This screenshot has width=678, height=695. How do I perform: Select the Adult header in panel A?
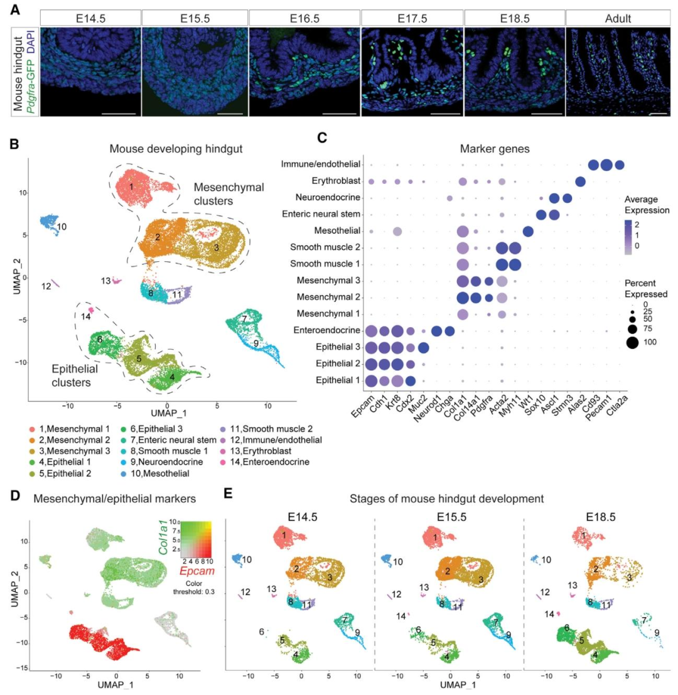click(x=620, y=18)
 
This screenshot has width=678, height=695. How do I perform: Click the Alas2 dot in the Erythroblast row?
click(x=580, y=182)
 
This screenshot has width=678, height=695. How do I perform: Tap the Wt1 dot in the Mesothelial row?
click(x=528, y=232)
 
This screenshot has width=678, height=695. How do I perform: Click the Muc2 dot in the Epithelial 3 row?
click(x=422, y=347)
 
